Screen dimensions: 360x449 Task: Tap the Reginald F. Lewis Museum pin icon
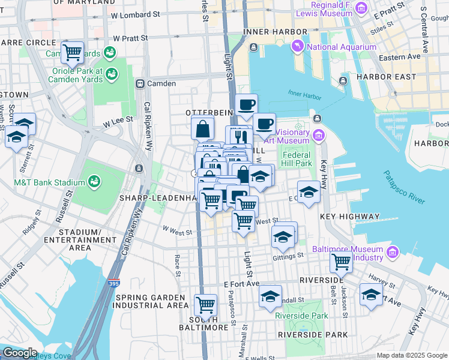[x=361, y=8]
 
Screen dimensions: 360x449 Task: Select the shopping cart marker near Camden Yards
[x=73, y=52]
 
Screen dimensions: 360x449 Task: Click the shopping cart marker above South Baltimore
[x=206, y=304]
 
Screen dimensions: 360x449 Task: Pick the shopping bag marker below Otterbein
[x=203, y=128]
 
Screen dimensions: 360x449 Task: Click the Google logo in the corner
[x=19, y=353]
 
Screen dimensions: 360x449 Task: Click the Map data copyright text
[x=412, y=355]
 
